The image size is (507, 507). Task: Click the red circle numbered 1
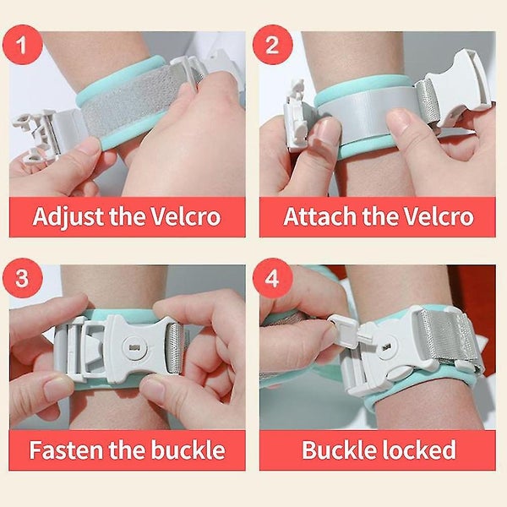[x=30, y=46]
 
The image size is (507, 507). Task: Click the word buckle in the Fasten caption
[x=185, y=449]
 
